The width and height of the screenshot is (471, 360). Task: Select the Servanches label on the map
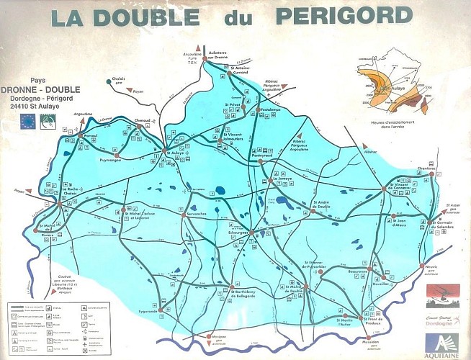point(197,214)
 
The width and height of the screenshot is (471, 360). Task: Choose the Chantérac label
point(427,169)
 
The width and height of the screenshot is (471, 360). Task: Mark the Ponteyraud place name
point(266,155)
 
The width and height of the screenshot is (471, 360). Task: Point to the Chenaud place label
point(143,120)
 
